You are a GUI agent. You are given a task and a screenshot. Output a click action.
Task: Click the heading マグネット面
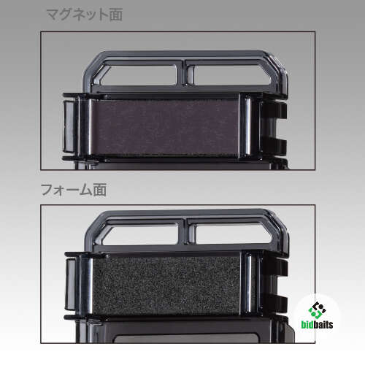tap(84, 15)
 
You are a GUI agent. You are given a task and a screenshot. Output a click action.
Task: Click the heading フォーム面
tap(74, 190)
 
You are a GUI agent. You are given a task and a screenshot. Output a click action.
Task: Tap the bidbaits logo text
tap(317, 324)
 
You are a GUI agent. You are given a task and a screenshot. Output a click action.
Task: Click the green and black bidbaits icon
tap(317, 310)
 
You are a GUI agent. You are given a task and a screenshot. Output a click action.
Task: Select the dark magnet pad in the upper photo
tap(165, 127)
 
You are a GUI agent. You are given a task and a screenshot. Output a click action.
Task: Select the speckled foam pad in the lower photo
tap(166, 284)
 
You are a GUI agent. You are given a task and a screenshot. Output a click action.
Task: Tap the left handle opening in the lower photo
tap(140, 234)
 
